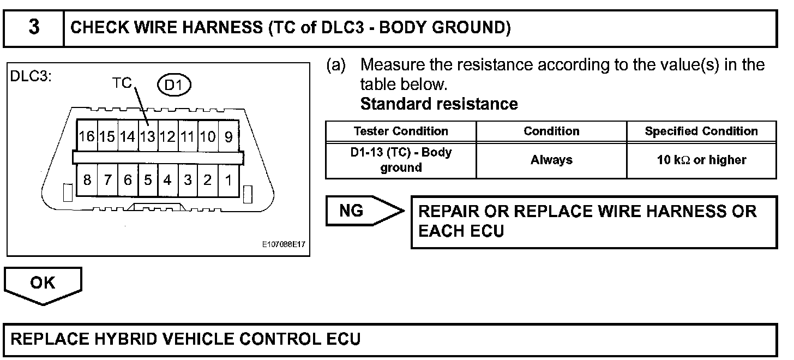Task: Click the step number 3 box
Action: click(x=34, y=27)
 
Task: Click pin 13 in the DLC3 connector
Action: click(x=147, y=136)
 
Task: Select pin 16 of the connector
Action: click(x=86, y=136)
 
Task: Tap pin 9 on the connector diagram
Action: click(x=228, y=136)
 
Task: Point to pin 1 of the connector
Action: click(x=228, y=180)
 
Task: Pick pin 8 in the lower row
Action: click(x=87, y=180)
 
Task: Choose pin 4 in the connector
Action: click(x=167, y=180)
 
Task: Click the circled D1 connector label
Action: click(x=175, y=85)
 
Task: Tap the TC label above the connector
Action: click(x=122, y=83)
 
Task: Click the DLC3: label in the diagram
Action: click(x=31, y=77)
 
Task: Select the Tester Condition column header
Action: click(x=401, y=131)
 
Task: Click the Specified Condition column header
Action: click(x=701, y=131)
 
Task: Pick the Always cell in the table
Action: click(x=551, y=160)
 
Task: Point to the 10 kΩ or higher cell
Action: click(x=701, y=160)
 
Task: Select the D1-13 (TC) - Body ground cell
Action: click(x=401, y=160)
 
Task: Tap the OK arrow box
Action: click(x=43, y=283)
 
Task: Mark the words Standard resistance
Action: click(x=439, y=104)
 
